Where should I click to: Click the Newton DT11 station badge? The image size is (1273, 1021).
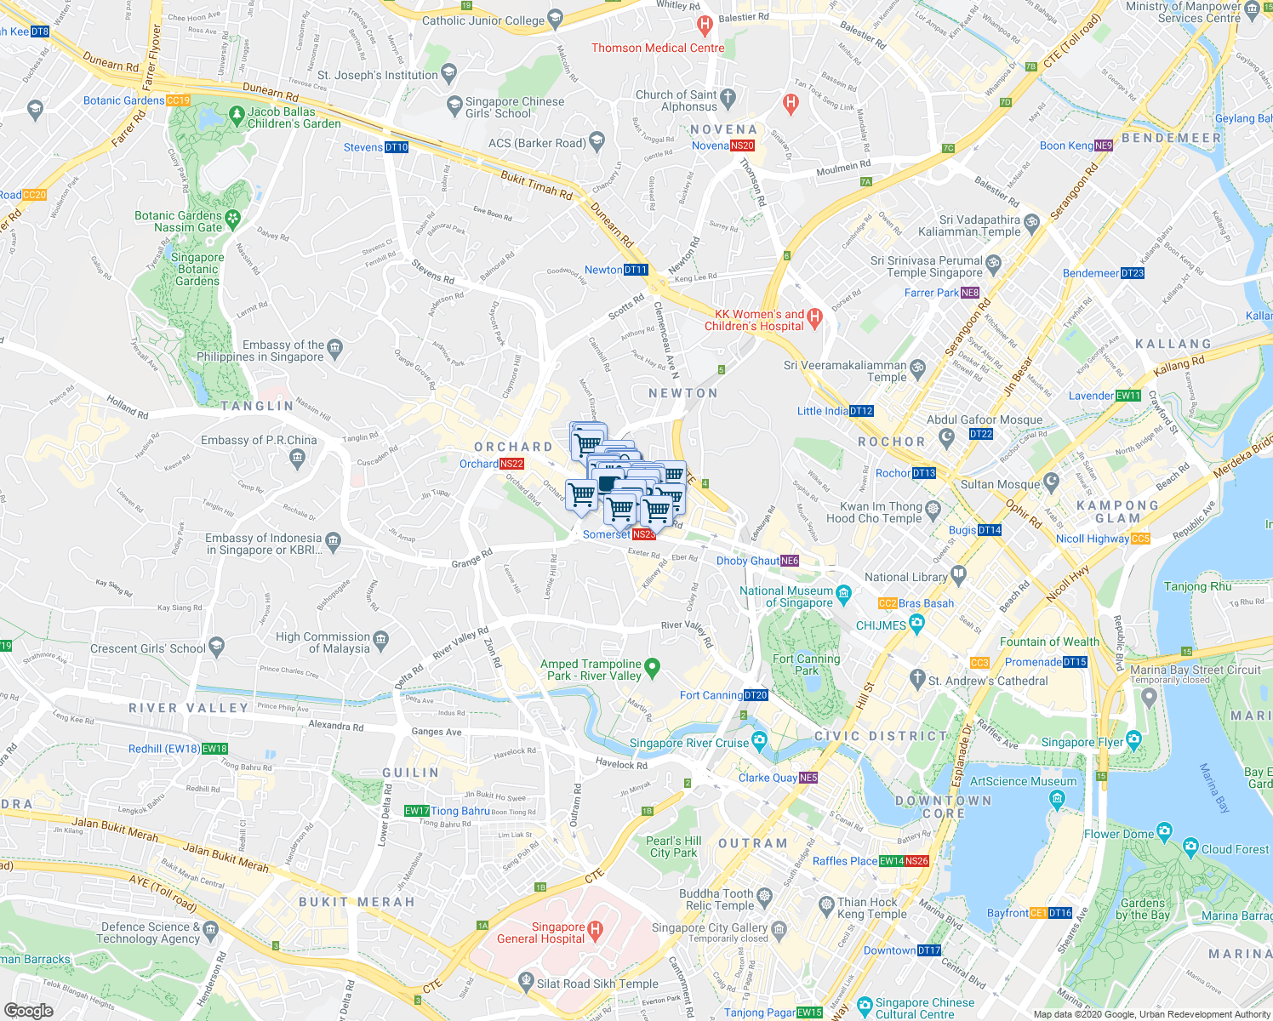(x=636, y=270)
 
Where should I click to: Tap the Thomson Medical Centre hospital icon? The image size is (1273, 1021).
(x=704, y=26)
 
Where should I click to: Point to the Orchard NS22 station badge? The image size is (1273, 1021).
(x=511, y=464)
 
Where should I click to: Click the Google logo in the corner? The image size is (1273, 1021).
(x=28, y=1010)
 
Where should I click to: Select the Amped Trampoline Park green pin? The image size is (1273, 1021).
(x=652, y=668)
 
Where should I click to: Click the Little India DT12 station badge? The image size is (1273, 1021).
(x=861, y=411)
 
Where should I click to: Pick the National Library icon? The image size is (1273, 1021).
(x=959, y=573)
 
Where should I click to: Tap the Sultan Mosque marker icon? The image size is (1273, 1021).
(x=1052, y=482)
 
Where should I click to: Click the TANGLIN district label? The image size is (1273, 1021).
(x=257, y=406)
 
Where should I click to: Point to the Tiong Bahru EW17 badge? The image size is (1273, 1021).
(x=416, y=811)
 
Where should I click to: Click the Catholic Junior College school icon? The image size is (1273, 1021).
(x=556, y=17)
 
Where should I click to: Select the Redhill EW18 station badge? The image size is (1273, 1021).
(x=214, y=749)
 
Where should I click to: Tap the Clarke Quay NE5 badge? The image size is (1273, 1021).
(x=808, y=778)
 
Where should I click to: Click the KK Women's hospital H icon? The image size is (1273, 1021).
(x=814, y=318)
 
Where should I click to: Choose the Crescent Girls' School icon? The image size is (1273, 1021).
(x=216, y=647)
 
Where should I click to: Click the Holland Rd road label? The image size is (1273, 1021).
(x=128, y=407)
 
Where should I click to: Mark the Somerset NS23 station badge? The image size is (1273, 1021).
(x=644, y=534)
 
